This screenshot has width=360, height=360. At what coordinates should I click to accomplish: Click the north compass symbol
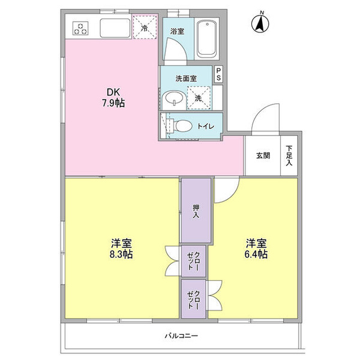pyautogui.click(x=260, y=23)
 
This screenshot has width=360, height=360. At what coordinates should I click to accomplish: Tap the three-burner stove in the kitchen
pyautogui.click(x=80, y=28)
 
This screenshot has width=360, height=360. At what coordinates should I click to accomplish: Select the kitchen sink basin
pyautogui.click(x=115, y=28)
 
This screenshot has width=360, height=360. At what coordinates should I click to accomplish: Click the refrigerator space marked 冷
pyautogui.click(x=145, y=27)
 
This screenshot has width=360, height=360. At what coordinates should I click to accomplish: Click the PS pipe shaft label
pyautogui.click(x=218, y=74)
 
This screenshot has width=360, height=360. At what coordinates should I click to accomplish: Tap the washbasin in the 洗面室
pyautogui.click(x=173, y=99)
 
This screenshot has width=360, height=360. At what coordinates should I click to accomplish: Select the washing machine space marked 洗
pyautogui.click(x=199, y=97)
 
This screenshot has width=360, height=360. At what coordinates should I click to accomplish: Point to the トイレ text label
pyautogui.click(x=206, y=126)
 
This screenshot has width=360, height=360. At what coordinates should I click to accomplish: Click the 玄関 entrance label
pyautogui.click(x=263, y=155)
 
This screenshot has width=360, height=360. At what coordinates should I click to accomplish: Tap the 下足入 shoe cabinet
pyautogui.click(x=289, y=155)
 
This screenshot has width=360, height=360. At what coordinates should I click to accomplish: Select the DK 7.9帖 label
pyautogui.click(x=113, y=98)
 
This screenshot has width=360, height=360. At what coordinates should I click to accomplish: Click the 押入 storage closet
pyautogui.click(x=196, y=210)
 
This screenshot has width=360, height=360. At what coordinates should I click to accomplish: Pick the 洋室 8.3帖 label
pyautogui.click(x=121, y=248)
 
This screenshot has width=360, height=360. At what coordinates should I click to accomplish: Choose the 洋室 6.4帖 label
pyautogui.click(x=256, y=248)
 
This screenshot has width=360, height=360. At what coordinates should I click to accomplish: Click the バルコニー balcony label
pyautogui.click(x=181, y=336)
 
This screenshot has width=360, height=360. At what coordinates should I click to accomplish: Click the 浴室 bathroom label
pyautogui.click(x=177, y=31)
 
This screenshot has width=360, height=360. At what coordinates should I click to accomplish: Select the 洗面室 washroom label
pyautogui.click(x=186, y=79)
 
